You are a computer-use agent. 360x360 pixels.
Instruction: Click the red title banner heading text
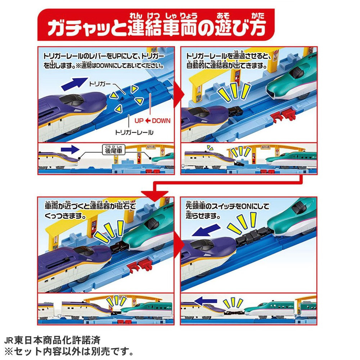click(157, 27)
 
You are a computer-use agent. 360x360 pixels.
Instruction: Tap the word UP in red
click(139, 121)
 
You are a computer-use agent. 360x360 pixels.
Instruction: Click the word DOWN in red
click(161, 121)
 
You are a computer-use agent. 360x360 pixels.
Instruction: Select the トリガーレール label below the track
click(134, 132)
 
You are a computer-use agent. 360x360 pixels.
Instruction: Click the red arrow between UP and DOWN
click(148, 121)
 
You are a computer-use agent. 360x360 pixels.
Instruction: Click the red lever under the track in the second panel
click(283, 114)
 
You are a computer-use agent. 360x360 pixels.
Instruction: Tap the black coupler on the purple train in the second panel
click(235, 111)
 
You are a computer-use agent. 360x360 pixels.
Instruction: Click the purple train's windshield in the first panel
click(71, 100)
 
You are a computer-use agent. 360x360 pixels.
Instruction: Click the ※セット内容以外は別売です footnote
click(69, 351)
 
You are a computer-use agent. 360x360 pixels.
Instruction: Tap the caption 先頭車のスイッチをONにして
click(227, 206)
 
